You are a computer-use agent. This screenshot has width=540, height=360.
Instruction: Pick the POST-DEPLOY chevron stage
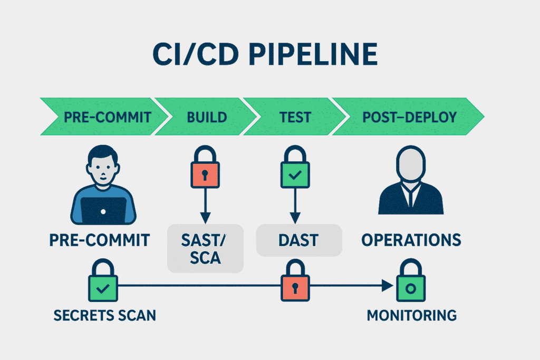click(x=409, y=116)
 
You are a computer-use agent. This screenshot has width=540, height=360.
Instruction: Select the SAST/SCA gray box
click(x=205, y=248)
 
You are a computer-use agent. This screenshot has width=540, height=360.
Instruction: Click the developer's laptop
click(x=103, y=209)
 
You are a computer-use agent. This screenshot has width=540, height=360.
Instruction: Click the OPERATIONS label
click(x=411, y=240)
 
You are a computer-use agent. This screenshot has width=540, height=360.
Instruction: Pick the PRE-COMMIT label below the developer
click(x=100, y=240)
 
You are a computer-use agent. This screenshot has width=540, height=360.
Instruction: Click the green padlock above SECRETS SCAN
click(x=103, y=287)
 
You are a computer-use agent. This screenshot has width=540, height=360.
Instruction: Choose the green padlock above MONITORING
click(x=411, y=287)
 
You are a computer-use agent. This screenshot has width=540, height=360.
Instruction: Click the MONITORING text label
click(x=411, y=316)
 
